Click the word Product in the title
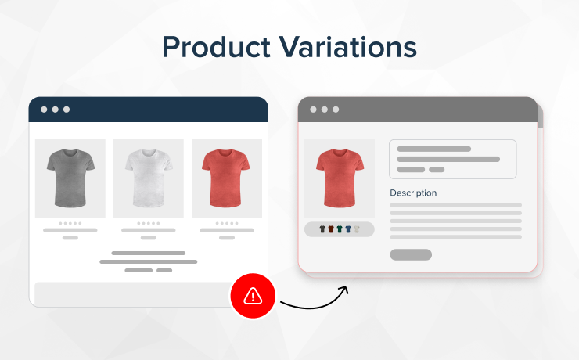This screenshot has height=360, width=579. (x=217, y=47)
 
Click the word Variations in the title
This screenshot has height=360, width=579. (x=347, y=47)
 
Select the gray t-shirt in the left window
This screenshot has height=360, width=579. (x=70, y=178)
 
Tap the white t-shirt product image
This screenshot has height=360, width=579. (x=149, y=178)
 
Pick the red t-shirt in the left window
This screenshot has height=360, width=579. (x=226, y=178)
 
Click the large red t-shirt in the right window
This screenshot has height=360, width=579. (x=340, y=178)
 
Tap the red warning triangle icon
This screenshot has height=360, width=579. (x=253, y=296)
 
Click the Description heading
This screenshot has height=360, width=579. (x=413, y=193)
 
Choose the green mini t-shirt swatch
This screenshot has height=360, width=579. (x=340, y=229)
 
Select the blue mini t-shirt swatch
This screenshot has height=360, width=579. (x=348, y=229)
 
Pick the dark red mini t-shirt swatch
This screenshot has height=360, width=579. (x=331, y=229)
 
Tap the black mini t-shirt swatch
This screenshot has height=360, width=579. (x=322, y=229)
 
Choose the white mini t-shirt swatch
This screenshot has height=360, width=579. (x=357, y=229)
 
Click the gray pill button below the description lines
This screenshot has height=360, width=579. (x=411, y=254)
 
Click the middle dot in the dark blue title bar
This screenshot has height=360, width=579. (x=55, y=110)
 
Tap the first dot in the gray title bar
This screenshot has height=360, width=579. (x=313, y=110)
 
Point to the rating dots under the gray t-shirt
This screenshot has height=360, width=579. (x=70, y=223)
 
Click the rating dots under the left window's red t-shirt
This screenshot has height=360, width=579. (x=227, y=223)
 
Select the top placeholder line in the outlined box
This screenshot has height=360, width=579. (x=434, y=149)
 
